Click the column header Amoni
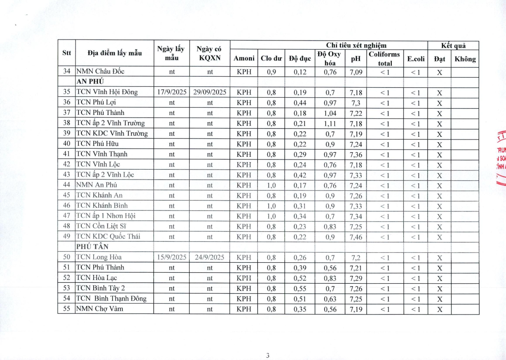pyautogui.click(x=244, y=58)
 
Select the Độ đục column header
pyautogui.click(x=298, y=58)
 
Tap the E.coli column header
pyautogui.click(x=416, y=58)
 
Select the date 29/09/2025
pyautogui.click(x=210, y=92)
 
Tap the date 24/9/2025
pyautogui.click(x=210, y=257)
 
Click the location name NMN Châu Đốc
pyautogui.click(x=100, y=71)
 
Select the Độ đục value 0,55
pyautogui.click(x=298, y=289)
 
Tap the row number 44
pyautogui.click(x=66, y=185)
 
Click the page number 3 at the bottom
pyautogui.click(x=268, y=356)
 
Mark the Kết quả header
pyautogui.click(x=453, y=45)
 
